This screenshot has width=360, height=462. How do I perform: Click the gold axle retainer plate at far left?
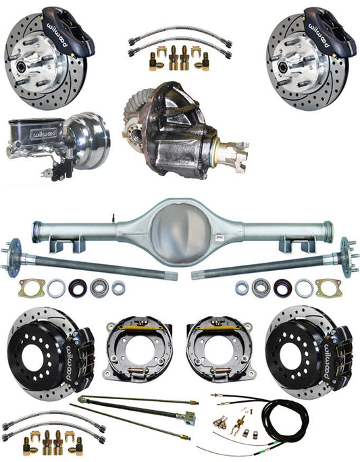click(30, 288)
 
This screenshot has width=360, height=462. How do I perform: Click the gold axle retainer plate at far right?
click(329, 288)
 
